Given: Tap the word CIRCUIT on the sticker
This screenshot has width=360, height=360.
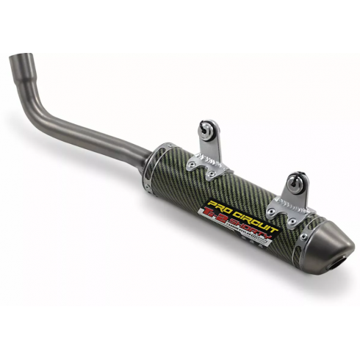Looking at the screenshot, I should click(253, 204).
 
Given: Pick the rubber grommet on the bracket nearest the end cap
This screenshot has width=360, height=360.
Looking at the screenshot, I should click(296, 179).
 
